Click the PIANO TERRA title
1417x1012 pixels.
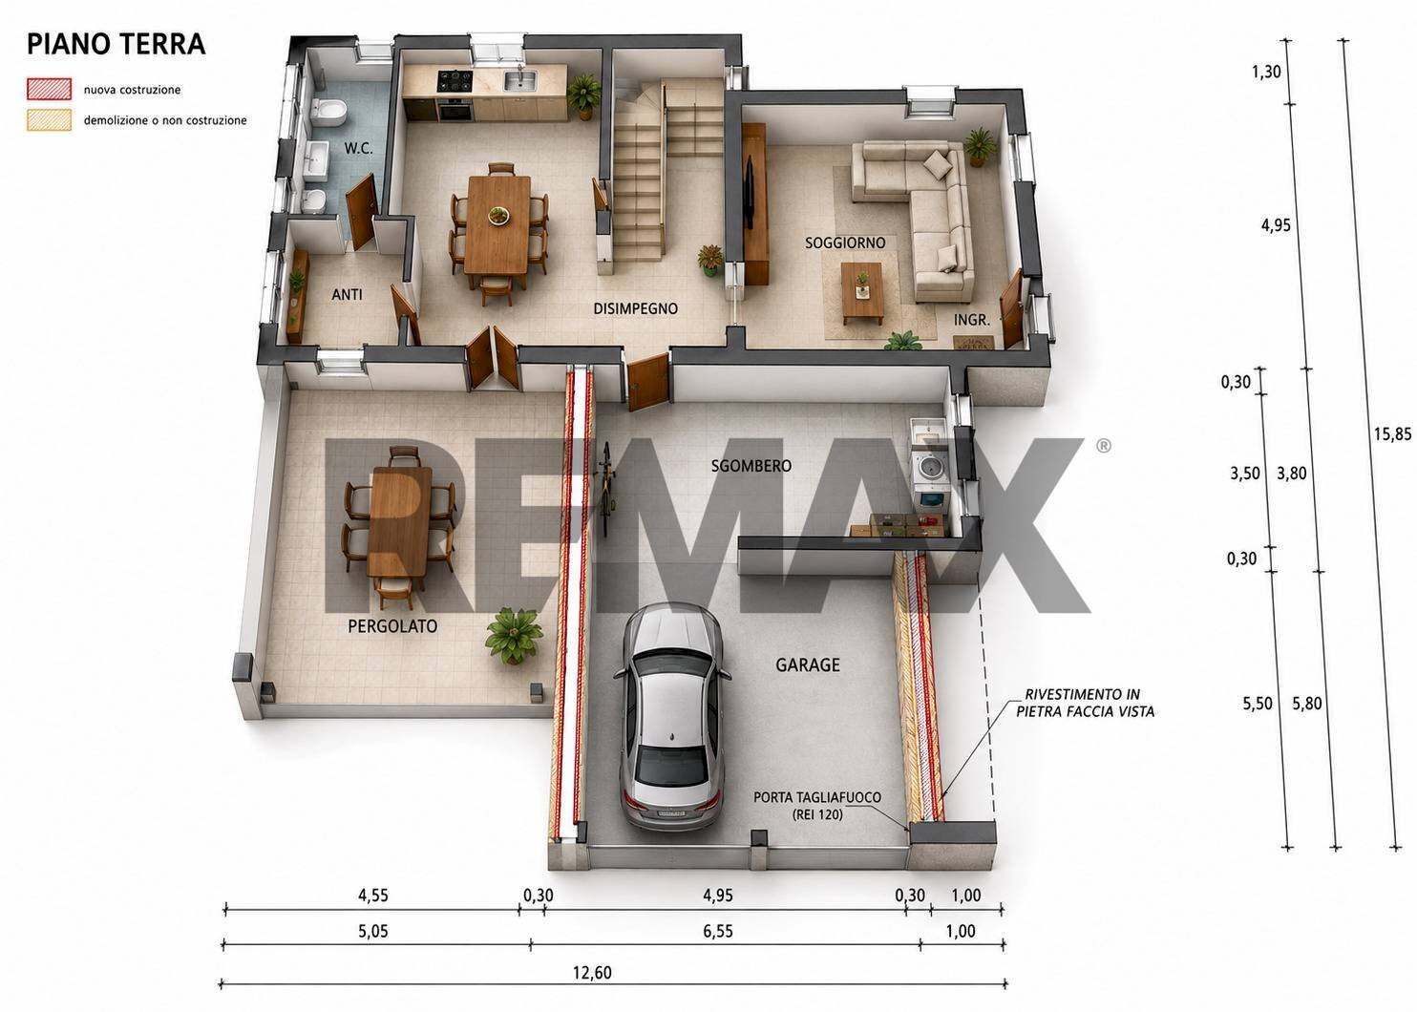[x=116, y=44]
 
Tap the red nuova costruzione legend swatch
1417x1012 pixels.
[x=49, y=89]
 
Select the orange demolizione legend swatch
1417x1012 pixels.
[x=49, y=120]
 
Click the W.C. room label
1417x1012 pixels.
[x=358, y=149]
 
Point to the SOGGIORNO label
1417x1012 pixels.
[x=845, y=242]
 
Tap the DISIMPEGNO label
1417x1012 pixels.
[x=635, y=308]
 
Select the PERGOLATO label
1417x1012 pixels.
[x=392, y=626]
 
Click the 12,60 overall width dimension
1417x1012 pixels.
[x=592, y=972]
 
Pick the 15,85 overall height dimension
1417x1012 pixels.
[x=1392, y=433]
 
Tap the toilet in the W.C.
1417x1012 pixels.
[x=328, y=114]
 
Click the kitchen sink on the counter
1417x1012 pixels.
[x=519, y=81]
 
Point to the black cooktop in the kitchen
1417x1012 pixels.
[x=455, y=80]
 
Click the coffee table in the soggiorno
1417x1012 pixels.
[x=862, y=293]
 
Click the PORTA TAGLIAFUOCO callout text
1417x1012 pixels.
[x=817, y=806]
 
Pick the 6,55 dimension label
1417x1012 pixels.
[x=717, y=931]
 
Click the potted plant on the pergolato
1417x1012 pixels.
[x=514, y=636]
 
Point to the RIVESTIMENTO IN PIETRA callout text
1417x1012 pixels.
[x=1085, y=703]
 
